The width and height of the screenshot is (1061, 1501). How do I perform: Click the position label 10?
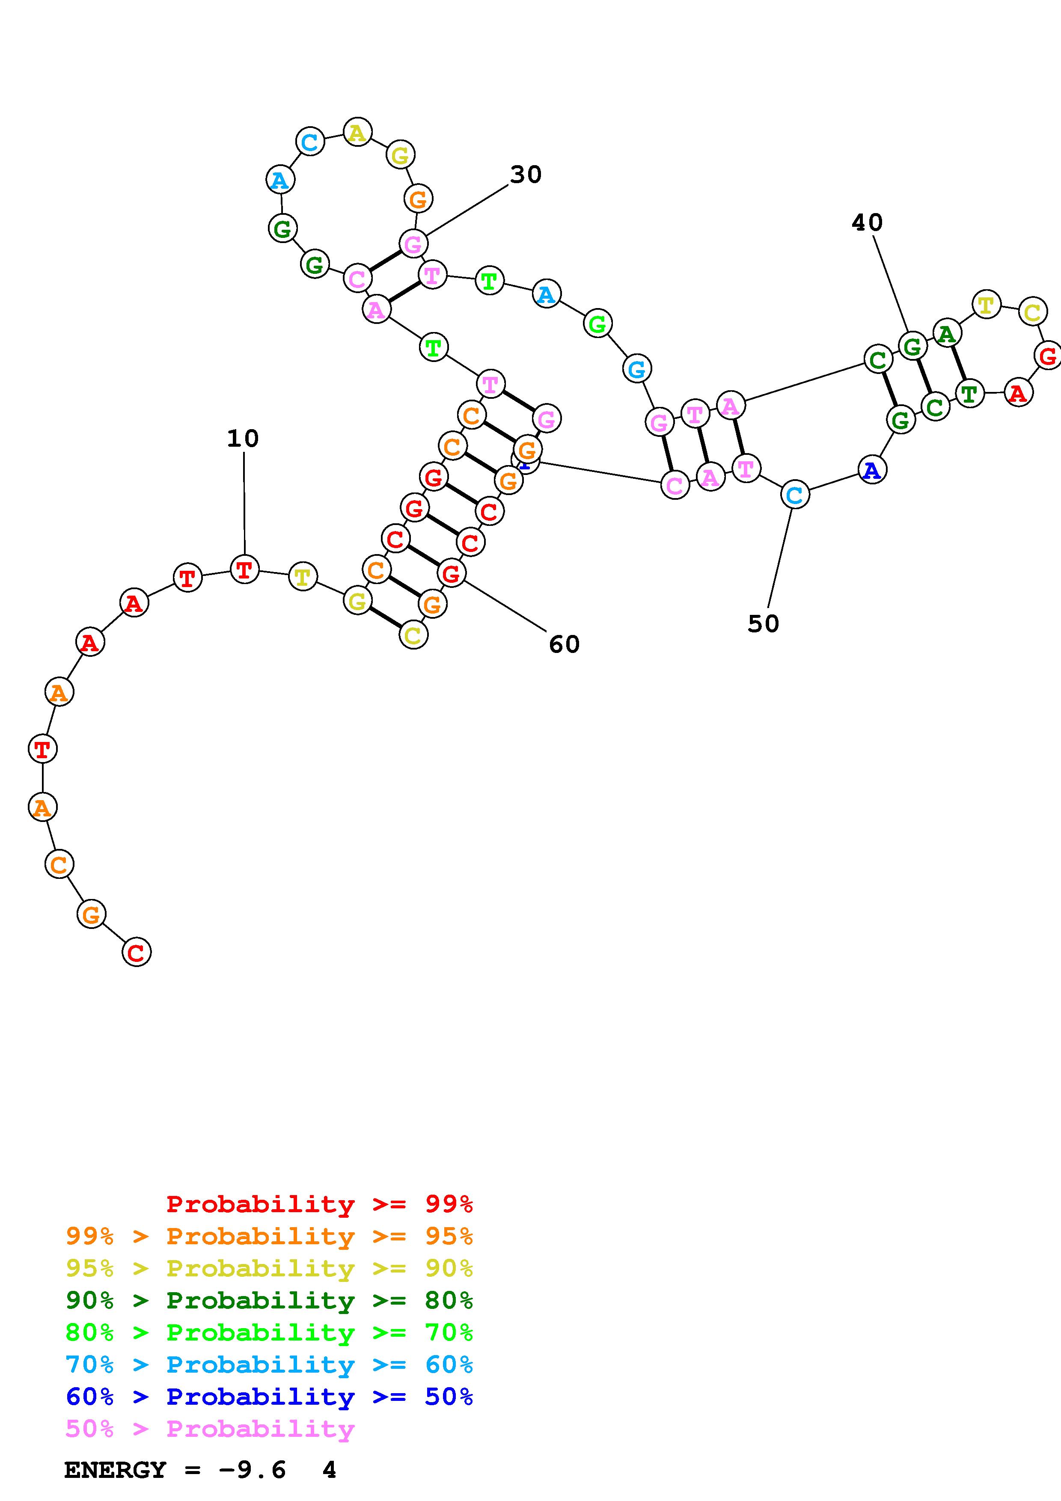pos(243,438)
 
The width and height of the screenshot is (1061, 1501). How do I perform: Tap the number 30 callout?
pos(526,175)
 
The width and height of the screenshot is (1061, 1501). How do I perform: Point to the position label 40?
pos(867,223)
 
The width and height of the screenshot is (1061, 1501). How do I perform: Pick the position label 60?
pos(564,644)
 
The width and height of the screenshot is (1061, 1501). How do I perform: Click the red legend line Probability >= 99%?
pos(320,1204)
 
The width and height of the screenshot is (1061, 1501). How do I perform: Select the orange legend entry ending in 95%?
pos(269,1236)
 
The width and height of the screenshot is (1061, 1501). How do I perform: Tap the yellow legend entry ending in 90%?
pos(269,1268)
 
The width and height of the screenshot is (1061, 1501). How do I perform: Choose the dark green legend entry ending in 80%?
pos(269,1300)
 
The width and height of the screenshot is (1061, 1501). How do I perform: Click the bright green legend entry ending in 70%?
pos(269,1332)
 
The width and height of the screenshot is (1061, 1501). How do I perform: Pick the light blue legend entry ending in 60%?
pos(269,1365)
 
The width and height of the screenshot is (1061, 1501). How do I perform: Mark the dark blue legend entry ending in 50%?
pos(269,1397)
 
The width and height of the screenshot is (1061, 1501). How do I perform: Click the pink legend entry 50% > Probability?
pos(210,1428)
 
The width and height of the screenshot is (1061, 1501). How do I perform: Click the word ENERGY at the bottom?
pos(115,1470)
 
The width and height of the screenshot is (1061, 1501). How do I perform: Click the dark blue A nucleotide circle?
pos(871,470)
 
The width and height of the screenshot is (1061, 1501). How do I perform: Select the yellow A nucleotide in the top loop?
pos(357,133)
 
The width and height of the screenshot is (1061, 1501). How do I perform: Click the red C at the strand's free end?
pos(136,952)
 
